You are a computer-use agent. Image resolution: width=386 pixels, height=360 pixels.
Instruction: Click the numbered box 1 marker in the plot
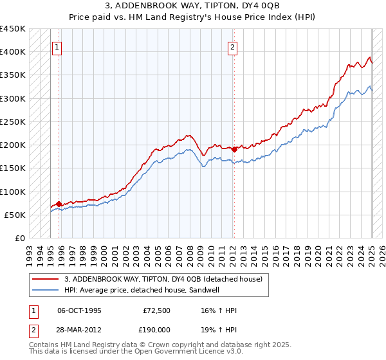click(57, 46)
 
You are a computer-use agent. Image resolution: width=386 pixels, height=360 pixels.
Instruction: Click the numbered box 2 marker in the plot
click(232, 46)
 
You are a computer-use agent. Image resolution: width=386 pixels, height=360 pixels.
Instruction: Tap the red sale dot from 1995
click(59, 204)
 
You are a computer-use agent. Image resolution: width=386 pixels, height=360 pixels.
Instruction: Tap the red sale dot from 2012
click(235, 149)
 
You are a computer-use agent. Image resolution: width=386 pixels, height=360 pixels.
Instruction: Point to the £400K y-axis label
click(13, 52)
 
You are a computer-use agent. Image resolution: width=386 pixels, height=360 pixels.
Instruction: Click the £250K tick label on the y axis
click(13, 122)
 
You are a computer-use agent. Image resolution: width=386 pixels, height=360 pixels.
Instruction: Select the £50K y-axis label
click(15, 215)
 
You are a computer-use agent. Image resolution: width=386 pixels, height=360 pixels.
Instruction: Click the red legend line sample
click(46, 280)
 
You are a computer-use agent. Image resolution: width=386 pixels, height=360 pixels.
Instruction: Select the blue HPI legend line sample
click(46, 291)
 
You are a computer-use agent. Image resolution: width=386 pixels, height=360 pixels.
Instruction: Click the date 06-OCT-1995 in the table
click(80, 311)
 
